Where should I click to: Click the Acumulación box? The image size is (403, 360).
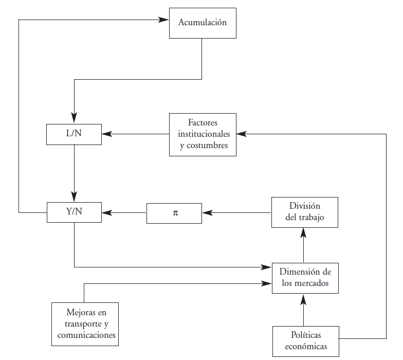click(x=203, y=23)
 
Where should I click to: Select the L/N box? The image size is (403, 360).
click(x=74, y=134)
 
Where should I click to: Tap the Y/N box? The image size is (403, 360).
click(x=74, y=212)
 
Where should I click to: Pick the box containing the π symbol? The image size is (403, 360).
click(x=174, y=213)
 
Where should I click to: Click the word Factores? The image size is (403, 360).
click(x=203, y=123)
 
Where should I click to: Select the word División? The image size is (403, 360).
click(x=305, y=206)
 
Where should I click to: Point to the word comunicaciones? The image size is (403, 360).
click(x=85, y=335)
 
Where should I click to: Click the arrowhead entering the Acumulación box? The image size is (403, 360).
click(x=164, y=20)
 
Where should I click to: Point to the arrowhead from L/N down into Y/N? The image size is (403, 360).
click(x=74, y=196)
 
